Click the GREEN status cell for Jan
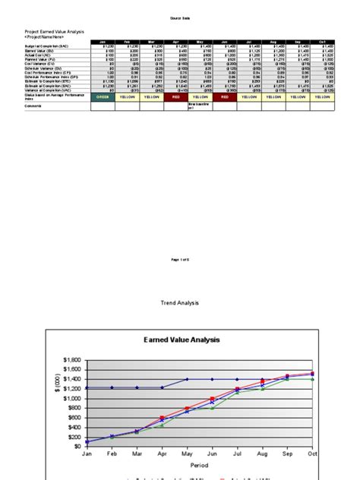click(x=102, y=96)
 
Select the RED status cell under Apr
click(x=175, y=96)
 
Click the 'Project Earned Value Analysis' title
click(x=55, y=31)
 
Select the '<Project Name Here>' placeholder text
click(x=46, y=36)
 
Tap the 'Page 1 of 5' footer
click(x=180, y=260)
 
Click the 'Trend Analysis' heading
click(x=179, y=282)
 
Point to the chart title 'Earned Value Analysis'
click(x=182, y=340)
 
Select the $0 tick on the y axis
click(x=77, y=447)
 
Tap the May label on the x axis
click(x=186, y=453)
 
